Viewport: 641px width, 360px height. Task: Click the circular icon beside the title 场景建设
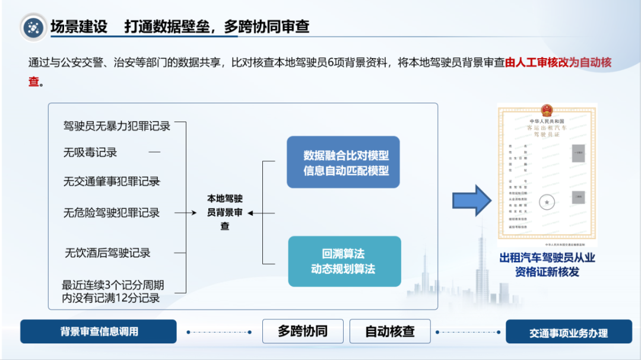(34, 27)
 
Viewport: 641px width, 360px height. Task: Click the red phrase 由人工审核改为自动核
(558, 63)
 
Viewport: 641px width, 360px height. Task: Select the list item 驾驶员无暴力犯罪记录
(117, 126)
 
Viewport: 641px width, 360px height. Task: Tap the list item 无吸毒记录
(90, 152)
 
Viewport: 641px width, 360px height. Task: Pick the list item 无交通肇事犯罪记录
(112, 181)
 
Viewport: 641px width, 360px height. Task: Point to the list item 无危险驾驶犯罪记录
(112, 212)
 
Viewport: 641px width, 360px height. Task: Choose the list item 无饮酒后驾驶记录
(107, 253)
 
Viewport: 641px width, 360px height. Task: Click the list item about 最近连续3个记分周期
(113, 292)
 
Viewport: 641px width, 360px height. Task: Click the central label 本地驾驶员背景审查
(224, 212)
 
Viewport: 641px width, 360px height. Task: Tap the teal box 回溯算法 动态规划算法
(344, 262)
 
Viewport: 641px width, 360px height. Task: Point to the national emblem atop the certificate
(547, 110)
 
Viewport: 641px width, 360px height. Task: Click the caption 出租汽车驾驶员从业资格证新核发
(547, 265)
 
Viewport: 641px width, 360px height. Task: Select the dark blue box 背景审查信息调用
(99, 332)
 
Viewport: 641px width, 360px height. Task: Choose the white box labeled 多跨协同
(303, 331)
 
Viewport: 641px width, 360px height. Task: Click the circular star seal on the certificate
(547, 203)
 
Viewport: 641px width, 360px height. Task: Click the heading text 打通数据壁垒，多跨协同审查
(217, 27)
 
